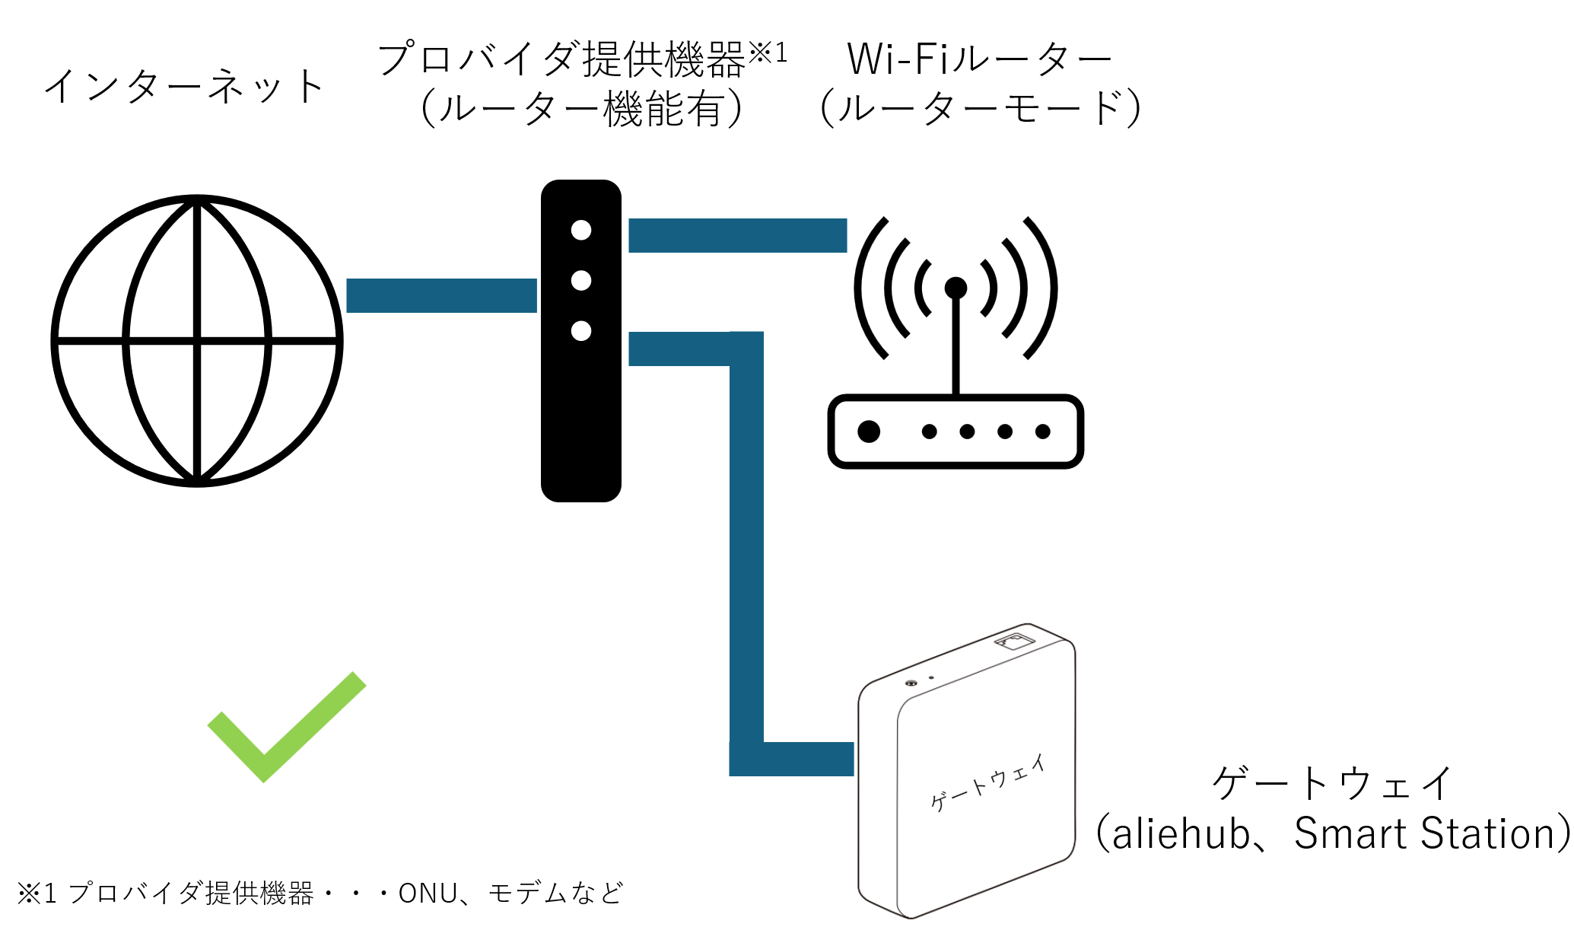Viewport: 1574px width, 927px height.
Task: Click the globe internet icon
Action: point(197,340)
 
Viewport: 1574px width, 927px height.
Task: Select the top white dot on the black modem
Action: point(581,230)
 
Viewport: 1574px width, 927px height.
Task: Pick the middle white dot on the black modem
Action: point(581,281)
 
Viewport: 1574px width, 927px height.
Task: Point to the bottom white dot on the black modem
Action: point(581,331)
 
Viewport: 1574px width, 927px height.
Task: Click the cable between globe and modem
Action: point(441,295)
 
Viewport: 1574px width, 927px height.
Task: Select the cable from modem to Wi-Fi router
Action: point(737,235)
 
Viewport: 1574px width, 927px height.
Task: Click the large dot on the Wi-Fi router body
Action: point(869,432)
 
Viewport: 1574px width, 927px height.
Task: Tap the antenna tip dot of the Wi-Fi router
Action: point(956,288)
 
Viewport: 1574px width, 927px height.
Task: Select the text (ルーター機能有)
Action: point(581,108)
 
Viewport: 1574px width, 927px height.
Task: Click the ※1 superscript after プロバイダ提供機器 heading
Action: point(768,53)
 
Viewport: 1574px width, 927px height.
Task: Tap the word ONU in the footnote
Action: point(428,893)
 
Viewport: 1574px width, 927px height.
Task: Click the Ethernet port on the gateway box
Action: point(1014,641)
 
